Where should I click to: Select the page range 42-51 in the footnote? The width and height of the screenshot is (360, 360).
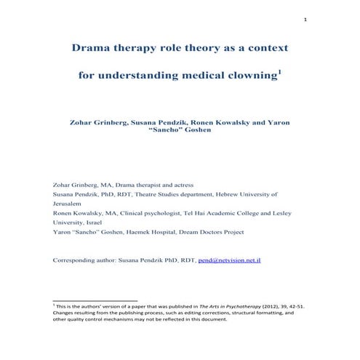click(x=292, y=306)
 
